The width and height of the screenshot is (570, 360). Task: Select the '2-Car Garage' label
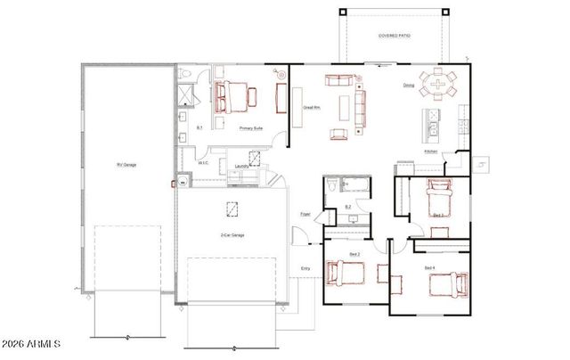coord(232,235)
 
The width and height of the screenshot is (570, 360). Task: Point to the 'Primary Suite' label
coord(250,128)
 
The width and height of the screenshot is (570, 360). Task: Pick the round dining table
coord(438,86)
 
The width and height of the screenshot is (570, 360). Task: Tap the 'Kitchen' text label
coord(430,152)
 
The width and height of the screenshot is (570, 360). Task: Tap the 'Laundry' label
coord(240,166)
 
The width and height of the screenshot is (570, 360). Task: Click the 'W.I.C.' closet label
coord(203,163)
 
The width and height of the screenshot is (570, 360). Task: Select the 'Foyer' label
coord(305,214)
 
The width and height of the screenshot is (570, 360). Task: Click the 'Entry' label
coord(305,268)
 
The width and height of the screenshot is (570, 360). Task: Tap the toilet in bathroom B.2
coord(330,184)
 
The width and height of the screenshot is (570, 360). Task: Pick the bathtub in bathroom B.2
coord(357,184)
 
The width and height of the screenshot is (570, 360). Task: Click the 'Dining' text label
coord(408,86)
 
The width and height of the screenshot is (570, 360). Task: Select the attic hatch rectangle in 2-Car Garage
coord(232,209)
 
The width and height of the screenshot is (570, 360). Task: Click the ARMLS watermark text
coord(32,344)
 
